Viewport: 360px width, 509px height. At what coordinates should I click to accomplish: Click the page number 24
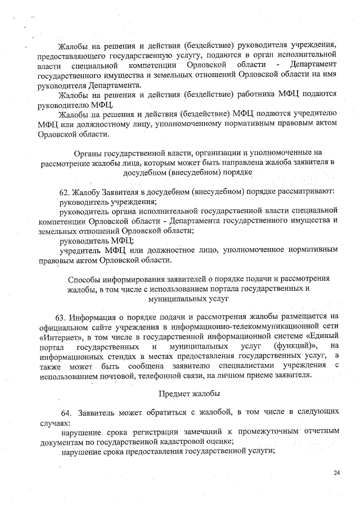[x=336, y=472]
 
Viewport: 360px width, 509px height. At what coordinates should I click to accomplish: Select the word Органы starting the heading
[x=90, y=152]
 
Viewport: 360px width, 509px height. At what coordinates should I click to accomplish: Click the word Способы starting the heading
[x=85, y=278]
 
